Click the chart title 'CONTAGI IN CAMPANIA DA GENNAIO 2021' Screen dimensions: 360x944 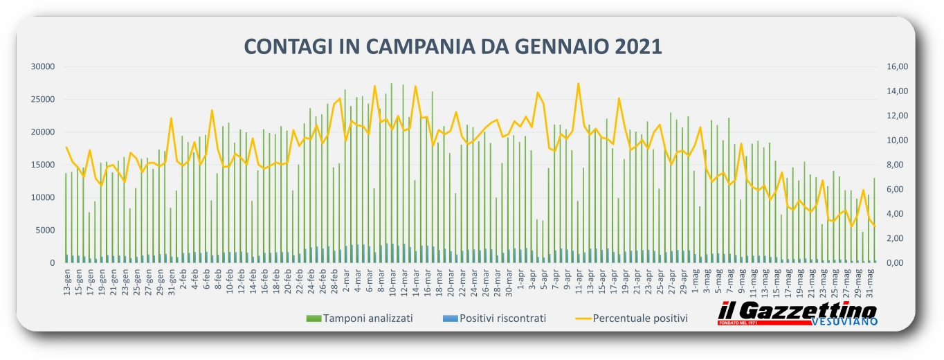click(453, 46)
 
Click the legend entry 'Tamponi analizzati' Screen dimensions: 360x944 click(359, 318)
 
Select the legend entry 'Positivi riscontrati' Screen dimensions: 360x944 click(493, 318)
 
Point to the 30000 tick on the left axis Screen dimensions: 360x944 click(43, 66)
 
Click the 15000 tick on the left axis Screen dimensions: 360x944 click(43, 165)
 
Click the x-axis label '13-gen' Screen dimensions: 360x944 click(67, 282)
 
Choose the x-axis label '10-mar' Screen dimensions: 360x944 click(392, 282)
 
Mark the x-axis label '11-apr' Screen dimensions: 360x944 click(578, 282)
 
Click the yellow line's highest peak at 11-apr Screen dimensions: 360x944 click(578, 84)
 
